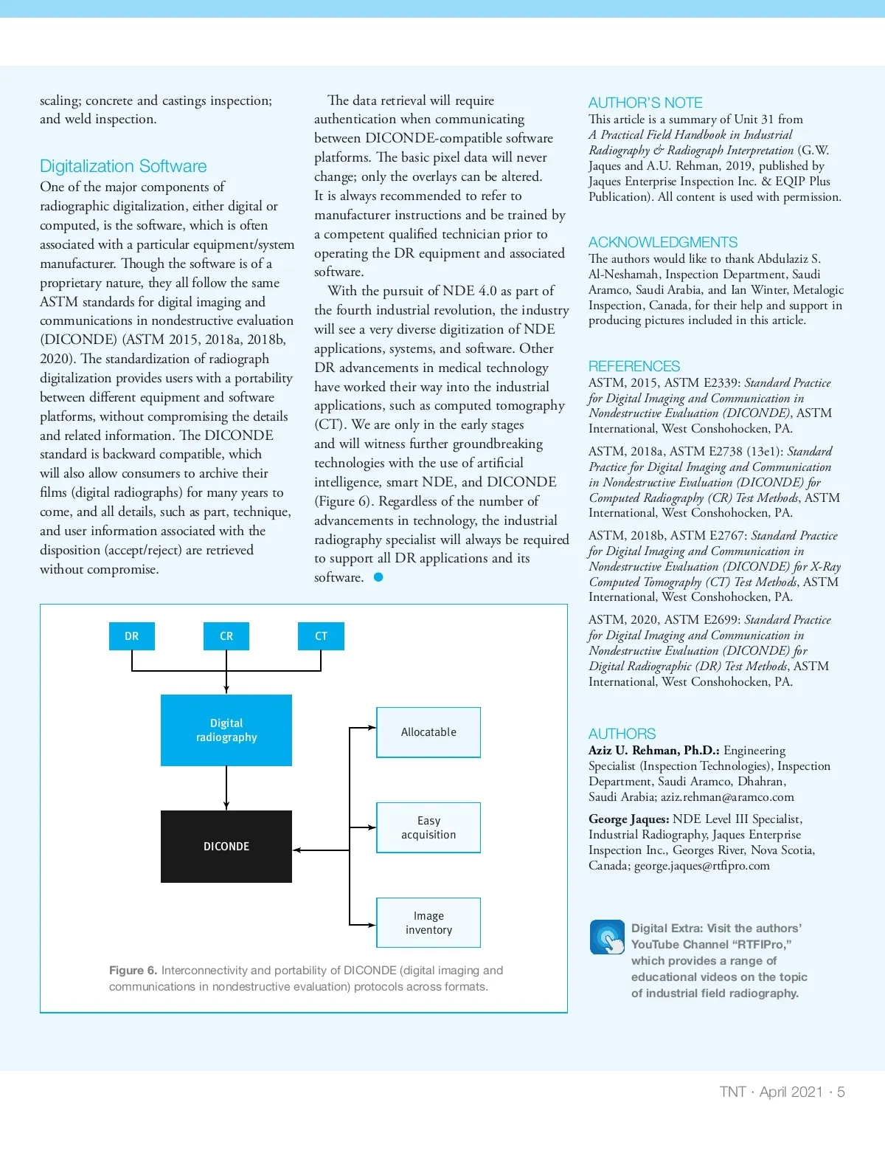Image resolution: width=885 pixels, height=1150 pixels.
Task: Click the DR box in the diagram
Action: point(132,636)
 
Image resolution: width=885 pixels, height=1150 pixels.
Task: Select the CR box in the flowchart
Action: point(226,636)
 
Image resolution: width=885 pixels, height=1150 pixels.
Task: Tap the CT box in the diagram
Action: point(321,636)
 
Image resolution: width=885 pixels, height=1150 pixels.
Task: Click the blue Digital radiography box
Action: point(226,730)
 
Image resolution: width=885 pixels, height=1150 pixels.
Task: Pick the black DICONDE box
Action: point(226,847)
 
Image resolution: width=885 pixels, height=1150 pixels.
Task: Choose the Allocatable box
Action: point(428,732)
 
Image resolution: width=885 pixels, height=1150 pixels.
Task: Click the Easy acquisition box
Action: point(428,827)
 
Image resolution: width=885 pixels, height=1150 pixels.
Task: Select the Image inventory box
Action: point(428,923)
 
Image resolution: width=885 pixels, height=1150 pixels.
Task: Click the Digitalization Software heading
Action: point(123,166)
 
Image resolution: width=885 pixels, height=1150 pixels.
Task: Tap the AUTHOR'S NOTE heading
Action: point(645,103)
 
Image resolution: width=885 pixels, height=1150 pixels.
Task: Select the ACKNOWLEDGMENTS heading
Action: point(662,242)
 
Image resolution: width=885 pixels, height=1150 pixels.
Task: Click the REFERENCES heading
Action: point(634,366)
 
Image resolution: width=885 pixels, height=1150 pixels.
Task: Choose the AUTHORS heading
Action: point(622,734)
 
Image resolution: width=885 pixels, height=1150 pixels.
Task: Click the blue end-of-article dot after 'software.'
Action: point(378,577)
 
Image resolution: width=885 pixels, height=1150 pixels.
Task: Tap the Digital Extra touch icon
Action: point(607,937)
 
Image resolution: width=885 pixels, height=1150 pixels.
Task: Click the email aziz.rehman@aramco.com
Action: point(727,797)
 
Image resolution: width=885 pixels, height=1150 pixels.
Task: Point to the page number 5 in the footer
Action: point(841,1092)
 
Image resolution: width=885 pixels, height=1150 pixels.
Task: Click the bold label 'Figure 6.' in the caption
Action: point(133,971)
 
